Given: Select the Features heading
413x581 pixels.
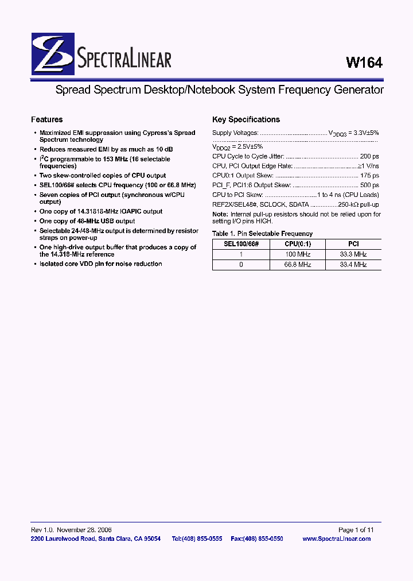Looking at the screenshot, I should [46, 119].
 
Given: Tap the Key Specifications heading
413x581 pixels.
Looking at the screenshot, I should [246, 119].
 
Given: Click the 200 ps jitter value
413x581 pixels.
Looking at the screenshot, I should [369, 156].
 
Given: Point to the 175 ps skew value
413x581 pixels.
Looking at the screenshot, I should [369, 176].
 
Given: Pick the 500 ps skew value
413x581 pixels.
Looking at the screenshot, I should [369, 185].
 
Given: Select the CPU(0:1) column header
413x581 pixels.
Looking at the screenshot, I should [297, 244].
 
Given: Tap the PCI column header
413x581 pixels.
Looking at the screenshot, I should [353, 244].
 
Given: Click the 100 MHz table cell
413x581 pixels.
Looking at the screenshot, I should [297, 254].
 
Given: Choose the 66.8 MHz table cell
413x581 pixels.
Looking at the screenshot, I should [297, 265].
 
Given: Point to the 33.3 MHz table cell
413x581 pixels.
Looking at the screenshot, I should [353, 254].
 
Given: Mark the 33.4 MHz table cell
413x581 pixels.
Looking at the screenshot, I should [353, 265].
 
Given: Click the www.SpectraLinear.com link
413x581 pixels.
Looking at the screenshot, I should [336, 539].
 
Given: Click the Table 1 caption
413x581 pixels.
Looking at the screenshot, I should [262, 234].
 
